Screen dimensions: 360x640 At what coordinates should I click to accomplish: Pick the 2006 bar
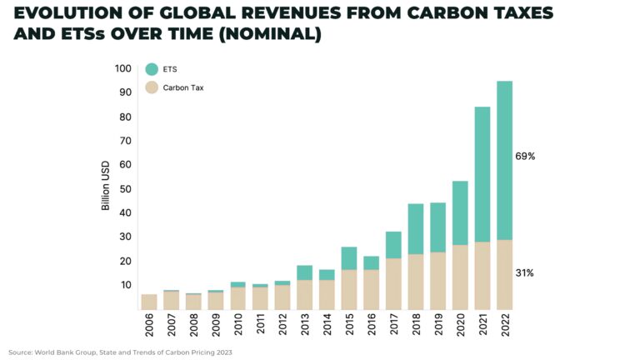149,301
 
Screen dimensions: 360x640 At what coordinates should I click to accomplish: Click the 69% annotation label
525,156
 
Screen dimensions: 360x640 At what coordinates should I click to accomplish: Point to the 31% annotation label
525,273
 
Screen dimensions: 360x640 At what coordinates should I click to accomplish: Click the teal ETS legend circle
151,69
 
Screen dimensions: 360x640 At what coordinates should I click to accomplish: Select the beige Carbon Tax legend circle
151,87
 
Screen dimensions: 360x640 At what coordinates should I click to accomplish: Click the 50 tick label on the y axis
125,189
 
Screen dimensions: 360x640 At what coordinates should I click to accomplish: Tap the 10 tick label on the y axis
125,285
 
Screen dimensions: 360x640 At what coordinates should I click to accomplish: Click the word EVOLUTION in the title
67,14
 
